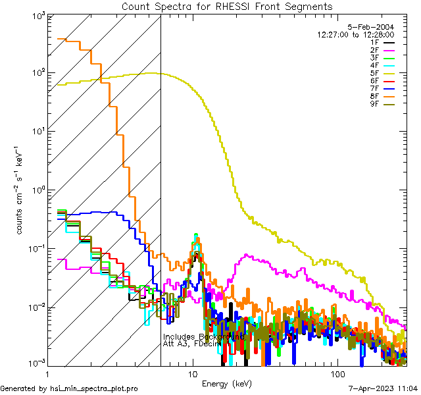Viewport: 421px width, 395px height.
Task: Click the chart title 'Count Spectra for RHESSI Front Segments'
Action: click(x=227, y=6)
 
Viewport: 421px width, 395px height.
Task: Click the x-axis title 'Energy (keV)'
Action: click(x=226, y=383)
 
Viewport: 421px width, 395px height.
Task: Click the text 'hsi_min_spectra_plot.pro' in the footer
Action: click(x=94, y=388)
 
